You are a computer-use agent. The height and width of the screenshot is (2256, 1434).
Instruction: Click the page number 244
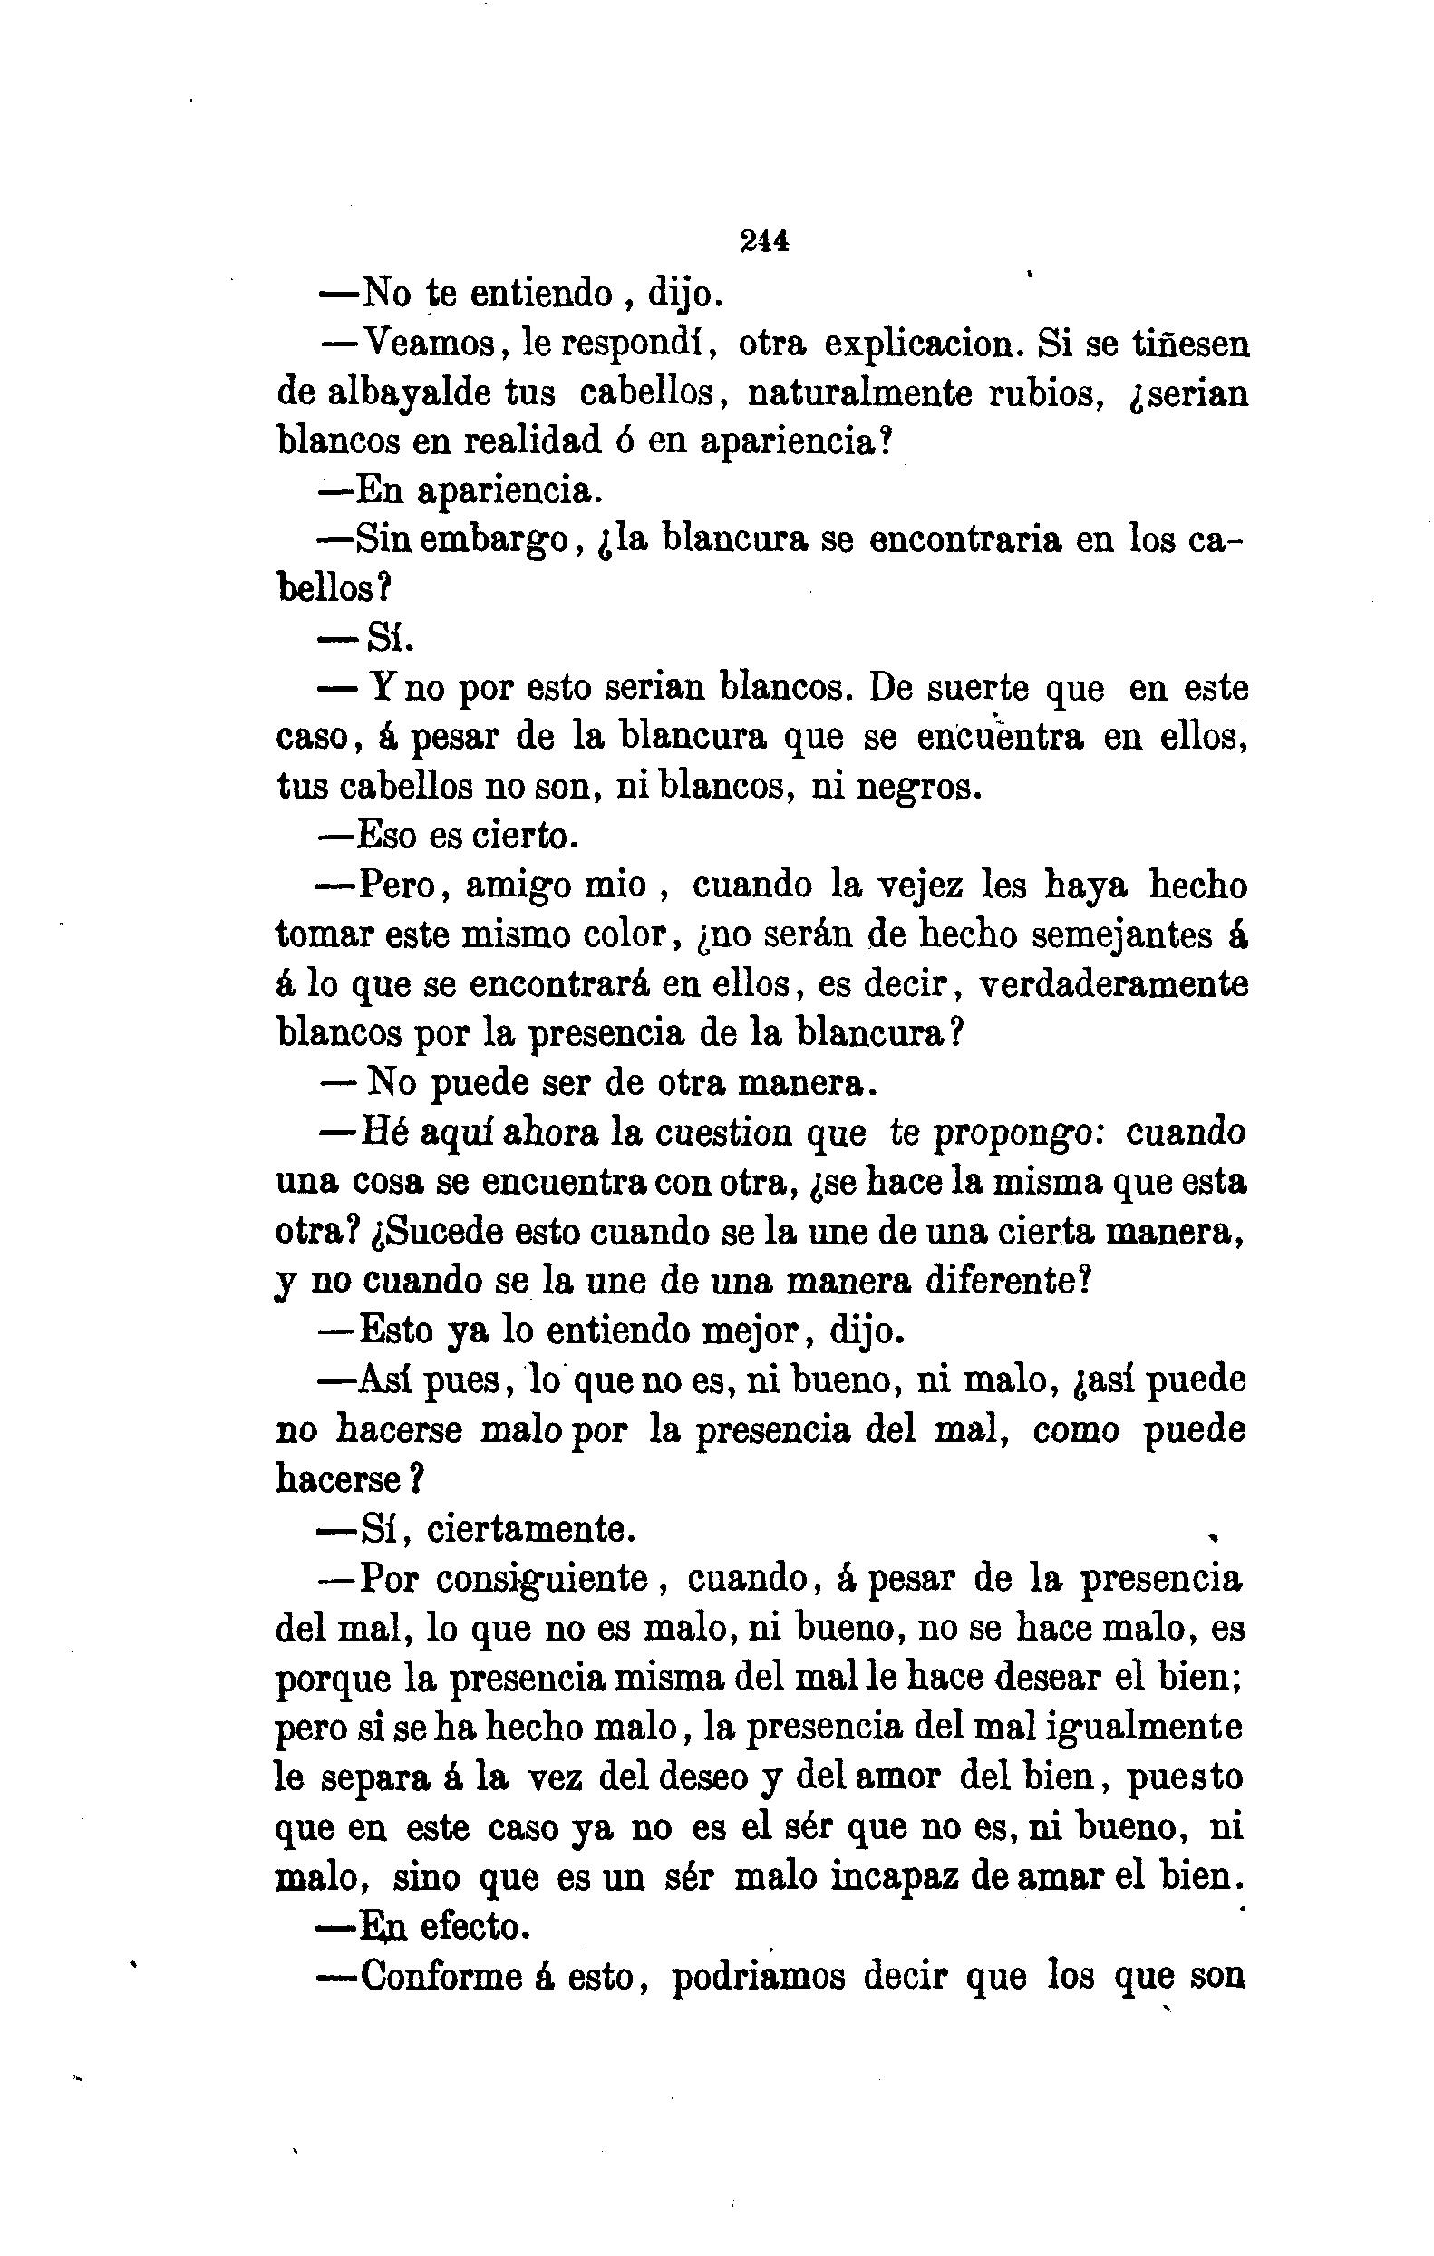pos(764,242)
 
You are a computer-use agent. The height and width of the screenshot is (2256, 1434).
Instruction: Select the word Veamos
pos(429,344)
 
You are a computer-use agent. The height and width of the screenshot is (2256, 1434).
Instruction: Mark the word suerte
pos(976,689)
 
